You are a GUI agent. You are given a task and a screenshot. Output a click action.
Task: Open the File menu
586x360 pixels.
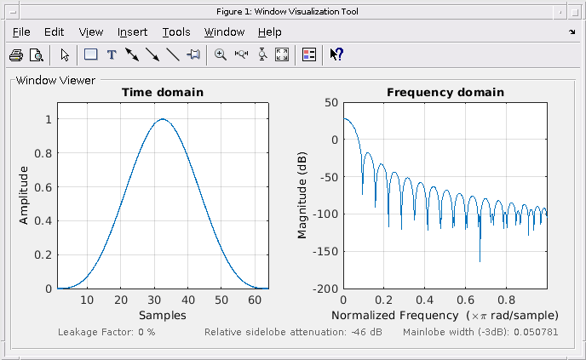pyautogui.click(x=21, y=32)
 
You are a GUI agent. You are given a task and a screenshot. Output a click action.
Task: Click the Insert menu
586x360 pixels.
pyautogui.click(x=132, y=32)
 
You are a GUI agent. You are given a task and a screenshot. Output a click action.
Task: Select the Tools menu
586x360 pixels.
pyautogui.click(x=176, y=32)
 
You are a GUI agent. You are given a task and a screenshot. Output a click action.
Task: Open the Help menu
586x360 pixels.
pyautogui.click(x=269, y=32)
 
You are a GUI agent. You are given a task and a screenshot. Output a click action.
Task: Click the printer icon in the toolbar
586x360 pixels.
pyautogui.click(x=16, y=54)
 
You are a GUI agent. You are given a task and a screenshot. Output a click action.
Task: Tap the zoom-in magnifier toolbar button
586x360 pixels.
pyautogui.click(x=221, y=54)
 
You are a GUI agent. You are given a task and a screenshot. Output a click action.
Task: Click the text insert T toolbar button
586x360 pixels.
pyautogui.click(x=111, y=54)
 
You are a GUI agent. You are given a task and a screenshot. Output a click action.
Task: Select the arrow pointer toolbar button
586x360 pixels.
pyautogui.click(x=64, y=54)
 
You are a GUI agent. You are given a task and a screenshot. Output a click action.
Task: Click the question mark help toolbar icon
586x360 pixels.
pyautogui.click(x=336, y=54)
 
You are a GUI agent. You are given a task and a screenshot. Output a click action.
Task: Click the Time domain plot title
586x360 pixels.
pyautogui.click(x=162, y=92)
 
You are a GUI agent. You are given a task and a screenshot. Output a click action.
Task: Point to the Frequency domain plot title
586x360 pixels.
pyautogui.click(x=445, y=92)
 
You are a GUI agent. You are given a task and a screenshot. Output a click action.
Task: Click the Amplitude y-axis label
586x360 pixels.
pyautogui.click(x=24, y=196)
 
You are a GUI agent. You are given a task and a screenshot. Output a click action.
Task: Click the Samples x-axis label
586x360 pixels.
pyautogui.click(x=162, y=315)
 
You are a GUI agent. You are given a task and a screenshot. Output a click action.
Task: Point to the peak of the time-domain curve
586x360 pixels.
pyautogui.click(x=162, y=119)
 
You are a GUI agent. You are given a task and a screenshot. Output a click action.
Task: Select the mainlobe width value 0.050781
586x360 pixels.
pyautogui.click(x=533, y=331)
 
